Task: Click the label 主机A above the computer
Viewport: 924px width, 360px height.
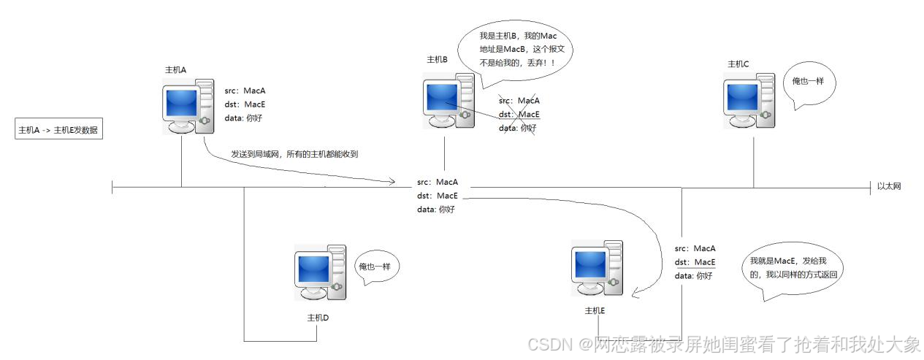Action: tap(175, 69)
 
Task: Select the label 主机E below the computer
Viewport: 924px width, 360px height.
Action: tap(595, 310)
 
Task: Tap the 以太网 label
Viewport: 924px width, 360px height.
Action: tap(889, 186)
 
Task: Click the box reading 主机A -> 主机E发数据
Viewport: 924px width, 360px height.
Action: tap(58, 131)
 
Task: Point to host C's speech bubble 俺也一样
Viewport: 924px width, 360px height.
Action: tap(808, 83)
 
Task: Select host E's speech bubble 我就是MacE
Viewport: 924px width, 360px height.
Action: tap(796, 268)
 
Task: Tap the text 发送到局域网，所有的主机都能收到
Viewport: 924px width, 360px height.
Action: tap(294, 154)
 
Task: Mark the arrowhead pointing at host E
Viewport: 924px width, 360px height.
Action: tap(635, 295)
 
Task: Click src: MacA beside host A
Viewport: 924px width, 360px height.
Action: tap(245, 91)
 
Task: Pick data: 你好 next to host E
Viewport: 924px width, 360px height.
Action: tap(692, 275)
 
